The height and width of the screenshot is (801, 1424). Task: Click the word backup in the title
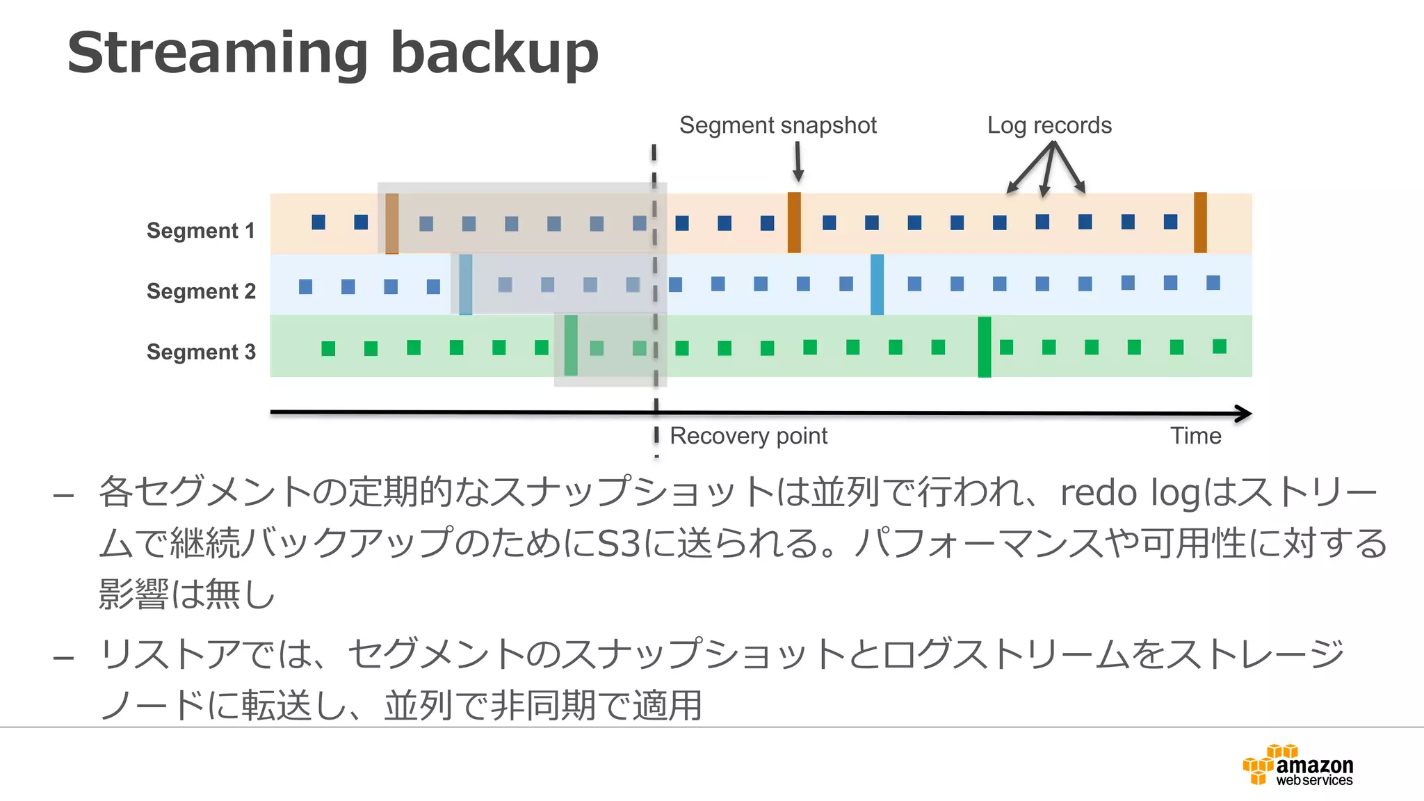[494, 54]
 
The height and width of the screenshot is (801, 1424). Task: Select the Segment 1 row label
[200, 230]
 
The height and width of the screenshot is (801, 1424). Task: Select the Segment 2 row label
[201, 291]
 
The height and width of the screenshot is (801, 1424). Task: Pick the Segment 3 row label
[201, 352]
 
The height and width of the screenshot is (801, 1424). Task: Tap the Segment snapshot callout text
[777, 125]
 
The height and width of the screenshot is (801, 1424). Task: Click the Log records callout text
[1049, 125]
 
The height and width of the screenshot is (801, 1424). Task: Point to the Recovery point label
[748, 436]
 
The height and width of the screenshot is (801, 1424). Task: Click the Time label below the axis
[1195, 436]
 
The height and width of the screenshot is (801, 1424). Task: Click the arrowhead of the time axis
[1243, 414]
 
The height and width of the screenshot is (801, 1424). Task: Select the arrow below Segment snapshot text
[798, 161]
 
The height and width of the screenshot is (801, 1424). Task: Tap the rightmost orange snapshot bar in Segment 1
[1200, 222]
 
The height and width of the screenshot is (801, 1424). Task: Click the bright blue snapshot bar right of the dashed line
[877, 284]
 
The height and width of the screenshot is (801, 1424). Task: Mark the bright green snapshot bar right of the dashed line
[985, 347]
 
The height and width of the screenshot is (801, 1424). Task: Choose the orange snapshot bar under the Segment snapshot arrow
[794, 222]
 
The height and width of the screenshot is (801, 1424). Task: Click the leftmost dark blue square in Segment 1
[318, 222]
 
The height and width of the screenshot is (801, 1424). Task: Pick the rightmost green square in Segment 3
[1220, 346]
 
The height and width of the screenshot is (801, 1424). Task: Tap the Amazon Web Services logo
[1297, 766]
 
